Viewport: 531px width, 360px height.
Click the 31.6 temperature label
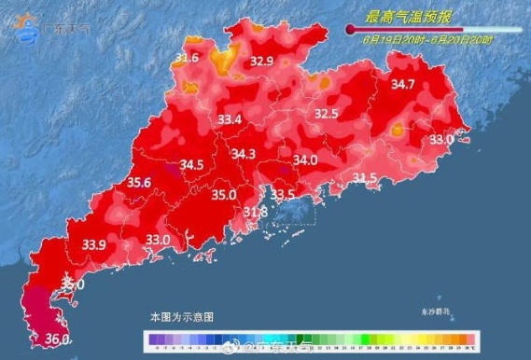187,59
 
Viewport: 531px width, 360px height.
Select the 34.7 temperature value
403,85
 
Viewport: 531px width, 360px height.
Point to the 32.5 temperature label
326,114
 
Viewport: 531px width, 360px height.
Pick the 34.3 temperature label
244,154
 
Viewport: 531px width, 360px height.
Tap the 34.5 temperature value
191,166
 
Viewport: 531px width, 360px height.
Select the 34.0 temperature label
305,160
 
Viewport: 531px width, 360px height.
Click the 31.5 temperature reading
365,177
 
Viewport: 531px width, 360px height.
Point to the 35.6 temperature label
140,183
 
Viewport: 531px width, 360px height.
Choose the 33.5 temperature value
283,195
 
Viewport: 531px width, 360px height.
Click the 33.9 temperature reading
93,244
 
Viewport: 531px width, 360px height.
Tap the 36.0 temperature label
58,340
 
